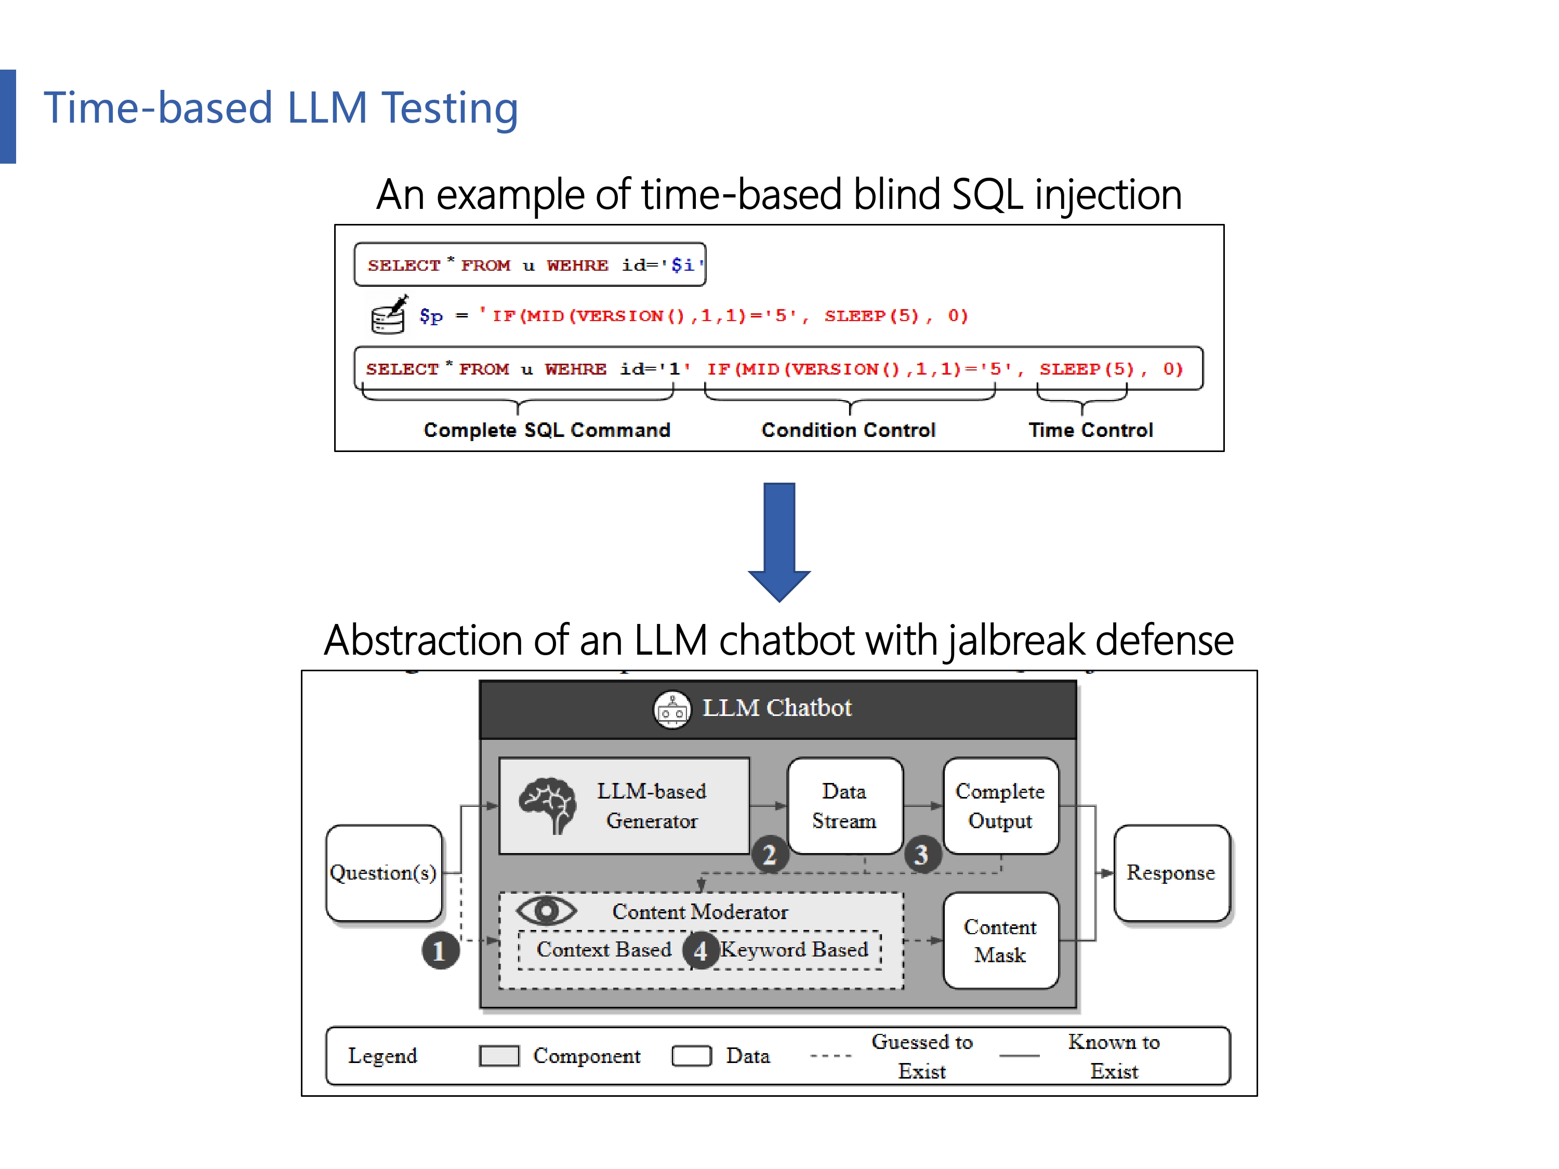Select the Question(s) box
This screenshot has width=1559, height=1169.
[384, 872]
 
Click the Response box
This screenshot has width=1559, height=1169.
[1171, 872]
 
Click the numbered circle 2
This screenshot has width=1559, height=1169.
[770, 855]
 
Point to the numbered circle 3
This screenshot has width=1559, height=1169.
[922, 855]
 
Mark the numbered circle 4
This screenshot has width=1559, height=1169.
[700, 951]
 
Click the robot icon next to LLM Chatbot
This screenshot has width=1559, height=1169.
[672, 709]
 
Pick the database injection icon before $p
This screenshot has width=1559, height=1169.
[388, 315]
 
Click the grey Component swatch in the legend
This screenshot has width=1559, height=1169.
[499, 1056]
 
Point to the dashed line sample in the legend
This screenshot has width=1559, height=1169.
[831, 1056]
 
